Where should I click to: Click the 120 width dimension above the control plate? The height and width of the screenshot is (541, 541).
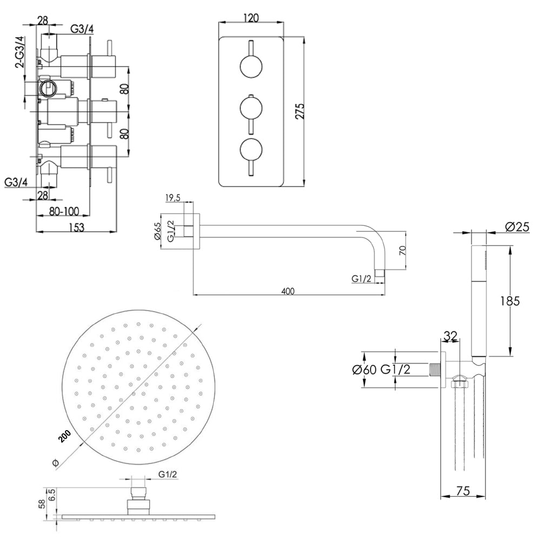(x=250, y=17)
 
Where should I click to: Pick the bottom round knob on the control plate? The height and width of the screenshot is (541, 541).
(x=250, y=149)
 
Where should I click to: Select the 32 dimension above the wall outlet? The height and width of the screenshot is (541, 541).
(x=451, y=336)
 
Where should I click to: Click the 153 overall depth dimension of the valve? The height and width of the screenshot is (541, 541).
(x=76, y=228)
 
